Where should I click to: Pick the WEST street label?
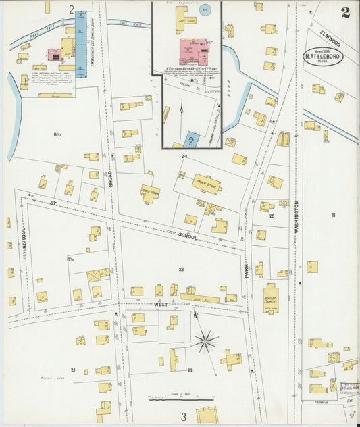[x=161, y=305]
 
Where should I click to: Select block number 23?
[x=181, y=270]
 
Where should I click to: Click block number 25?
[x=272, y=216]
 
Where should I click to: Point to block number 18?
[x=333, y=215]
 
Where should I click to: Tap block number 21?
[x=73, y=370]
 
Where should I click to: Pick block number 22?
[x=190, y=370]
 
